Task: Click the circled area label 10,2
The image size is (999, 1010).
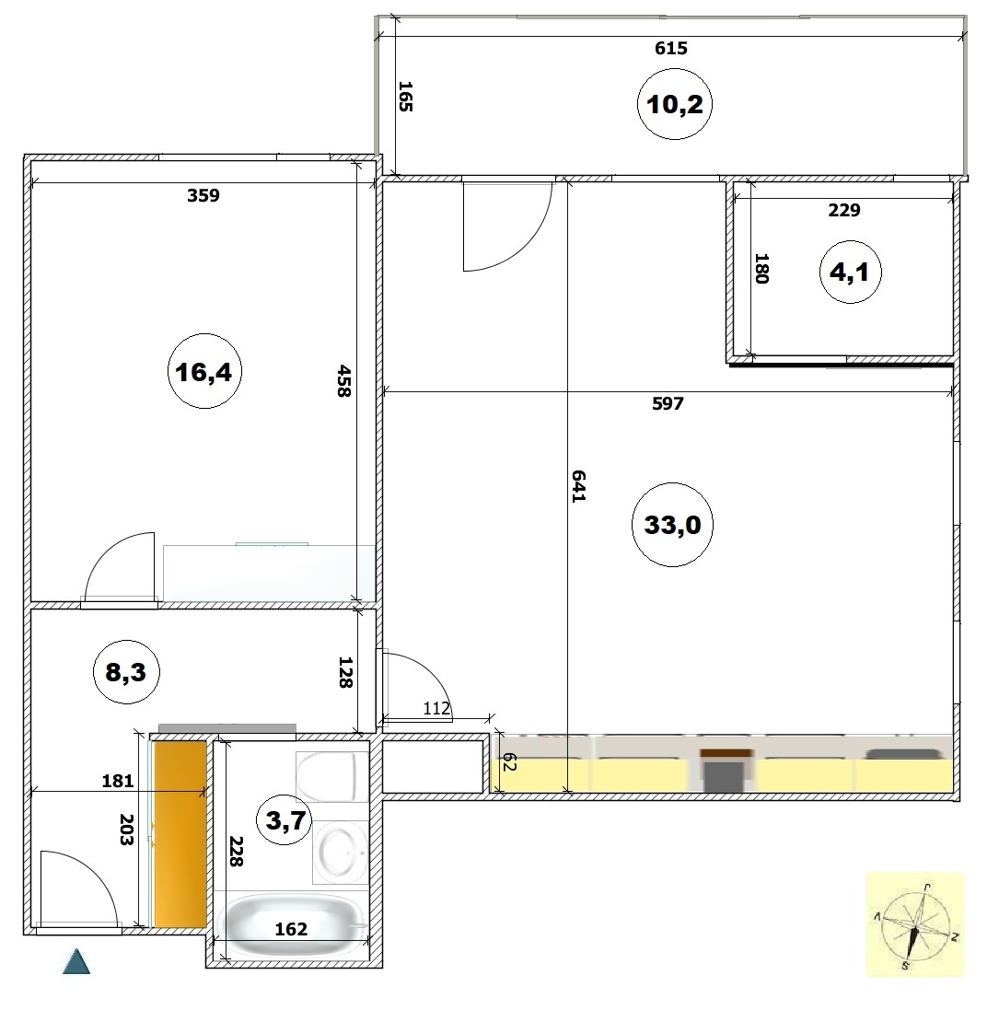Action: point(674,104)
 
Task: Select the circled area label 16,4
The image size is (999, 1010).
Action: point(204,371)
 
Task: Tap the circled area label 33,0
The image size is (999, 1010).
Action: point(672,524)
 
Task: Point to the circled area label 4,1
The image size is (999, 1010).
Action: point(850,272)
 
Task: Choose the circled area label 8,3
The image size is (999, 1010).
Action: point(126,672)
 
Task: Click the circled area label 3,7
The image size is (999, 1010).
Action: point(285,820)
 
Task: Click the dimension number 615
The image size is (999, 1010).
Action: point(671,48)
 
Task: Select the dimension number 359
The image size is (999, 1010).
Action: point(203,195)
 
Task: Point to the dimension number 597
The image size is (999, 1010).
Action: point(668,404)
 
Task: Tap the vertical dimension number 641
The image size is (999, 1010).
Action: point(578,486)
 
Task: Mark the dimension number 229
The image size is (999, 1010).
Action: point(844,210)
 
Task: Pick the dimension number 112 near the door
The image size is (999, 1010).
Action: point(436,709)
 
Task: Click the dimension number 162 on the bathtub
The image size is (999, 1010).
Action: point(291,929)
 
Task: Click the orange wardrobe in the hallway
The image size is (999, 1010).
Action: point(180,833)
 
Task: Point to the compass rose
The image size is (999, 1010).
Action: point(915,925)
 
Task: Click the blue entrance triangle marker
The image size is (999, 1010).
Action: point(76,961)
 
